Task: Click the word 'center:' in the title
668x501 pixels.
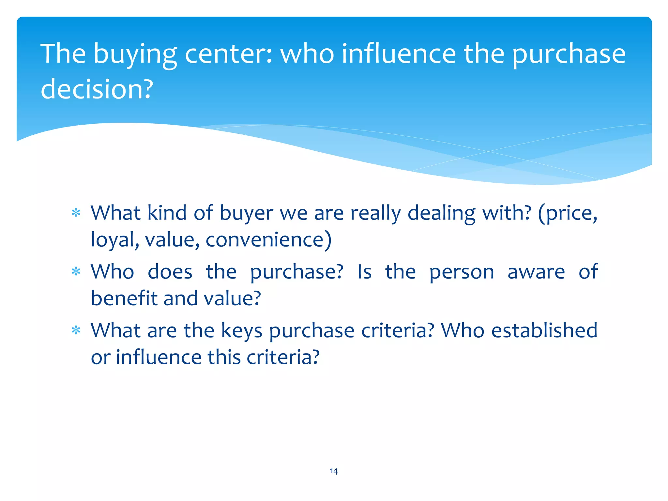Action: (228, 54)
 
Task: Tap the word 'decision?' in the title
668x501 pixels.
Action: (97, 89)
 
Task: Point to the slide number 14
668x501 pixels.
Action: (334, 471)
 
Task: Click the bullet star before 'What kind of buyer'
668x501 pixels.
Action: (76, 213)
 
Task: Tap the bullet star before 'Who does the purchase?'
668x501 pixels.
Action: (76, 271)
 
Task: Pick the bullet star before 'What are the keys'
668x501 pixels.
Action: (76, 330)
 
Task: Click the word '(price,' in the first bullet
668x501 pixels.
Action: (568, 214)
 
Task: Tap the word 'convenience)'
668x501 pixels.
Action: (268, 240)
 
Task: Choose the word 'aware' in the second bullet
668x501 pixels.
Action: (536, 272)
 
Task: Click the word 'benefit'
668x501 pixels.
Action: (124, 298)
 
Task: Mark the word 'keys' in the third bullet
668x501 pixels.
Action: (242, 331)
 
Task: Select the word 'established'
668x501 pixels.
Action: (544, 330)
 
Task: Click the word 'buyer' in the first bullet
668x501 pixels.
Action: (246, 214)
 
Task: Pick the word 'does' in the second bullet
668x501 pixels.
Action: (170, 272)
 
